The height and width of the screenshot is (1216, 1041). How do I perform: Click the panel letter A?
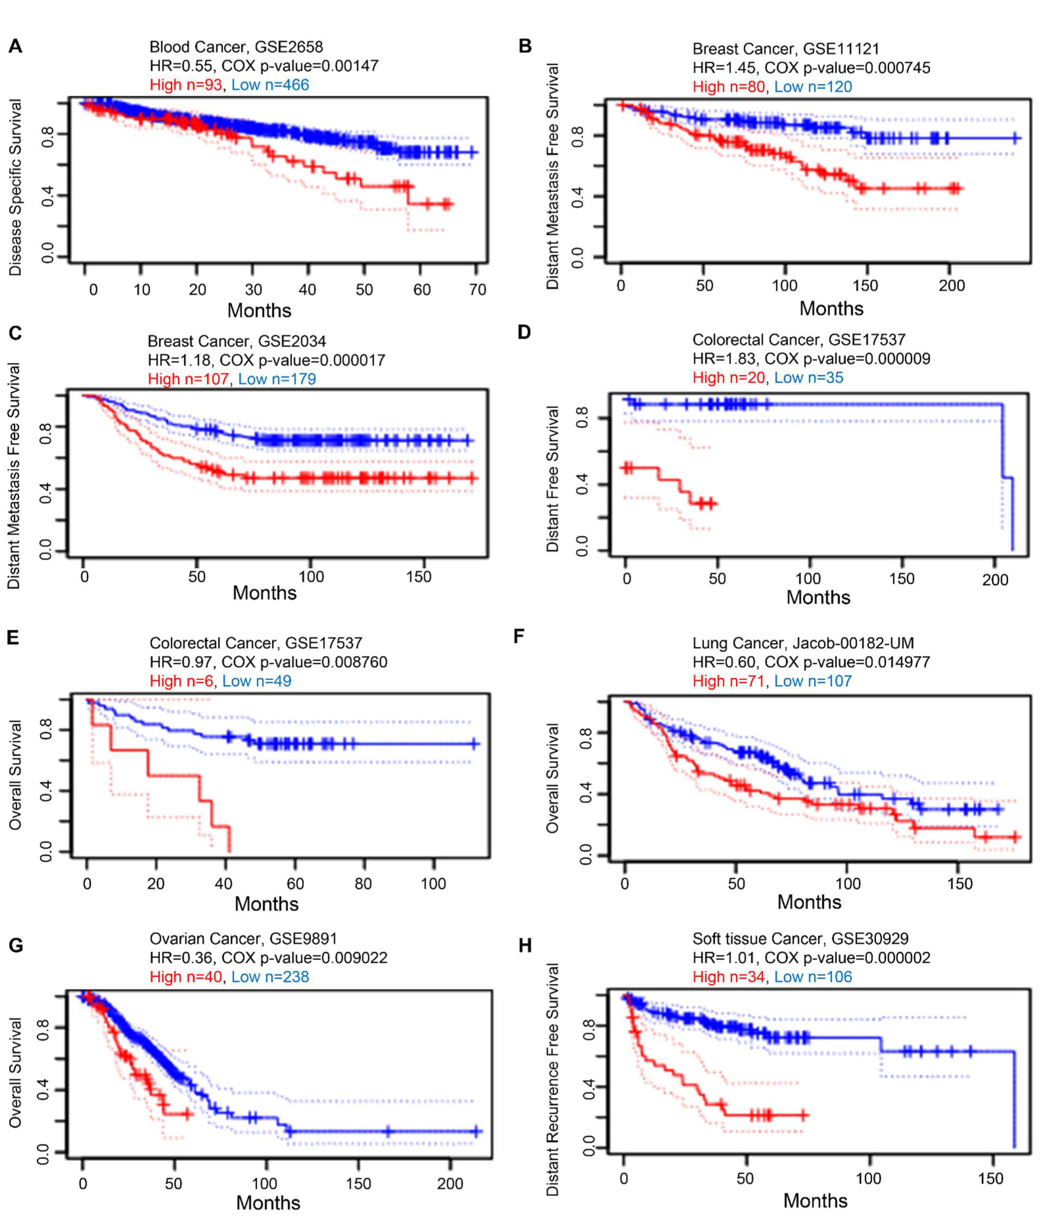pyautogui.click(x=15, y=46)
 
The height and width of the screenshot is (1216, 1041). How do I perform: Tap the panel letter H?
pyautogui.click(x=525, y=945)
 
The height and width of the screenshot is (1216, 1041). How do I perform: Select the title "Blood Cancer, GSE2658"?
pyautogui.click(x=236, y=47)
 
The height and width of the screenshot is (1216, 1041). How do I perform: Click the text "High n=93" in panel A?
pyautogui.click(x=186, y=84)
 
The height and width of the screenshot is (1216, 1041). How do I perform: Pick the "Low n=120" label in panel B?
pyautogui.click(x=813, y=86)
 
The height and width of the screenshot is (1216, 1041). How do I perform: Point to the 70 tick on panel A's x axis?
pyautogui.click(x=478, y=289)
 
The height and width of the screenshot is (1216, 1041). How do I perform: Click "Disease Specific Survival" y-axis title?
pyautogui.click(x=15, y=187)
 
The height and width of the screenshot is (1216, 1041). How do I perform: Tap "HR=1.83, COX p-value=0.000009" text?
pyautogui.click(x=811, y=358)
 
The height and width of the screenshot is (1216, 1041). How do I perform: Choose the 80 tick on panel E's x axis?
pyautogui.click(x=363, y=883)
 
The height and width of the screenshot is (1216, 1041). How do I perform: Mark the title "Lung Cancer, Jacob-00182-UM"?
pyautogui.click(x=803, y=643)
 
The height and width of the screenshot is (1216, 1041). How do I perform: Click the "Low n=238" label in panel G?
pyautogui.click(x=270, y=977)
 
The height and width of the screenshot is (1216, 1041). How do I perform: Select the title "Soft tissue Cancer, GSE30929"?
pyautogui.click(x=800, y=939)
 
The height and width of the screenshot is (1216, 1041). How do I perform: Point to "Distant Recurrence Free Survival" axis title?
pyautogui.click(x=552, y=1080)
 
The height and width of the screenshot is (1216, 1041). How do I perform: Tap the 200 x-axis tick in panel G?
pyautogui.click(x=450, y=1183)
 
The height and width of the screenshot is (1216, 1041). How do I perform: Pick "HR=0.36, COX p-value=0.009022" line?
pyautogui.click(x=268, y=958)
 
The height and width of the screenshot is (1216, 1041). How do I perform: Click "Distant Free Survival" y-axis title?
pyautogui.click(x=552, y=479)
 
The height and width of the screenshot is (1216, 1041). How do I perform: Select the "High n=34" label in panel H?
pyautogui.click(x=728, y=977)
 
